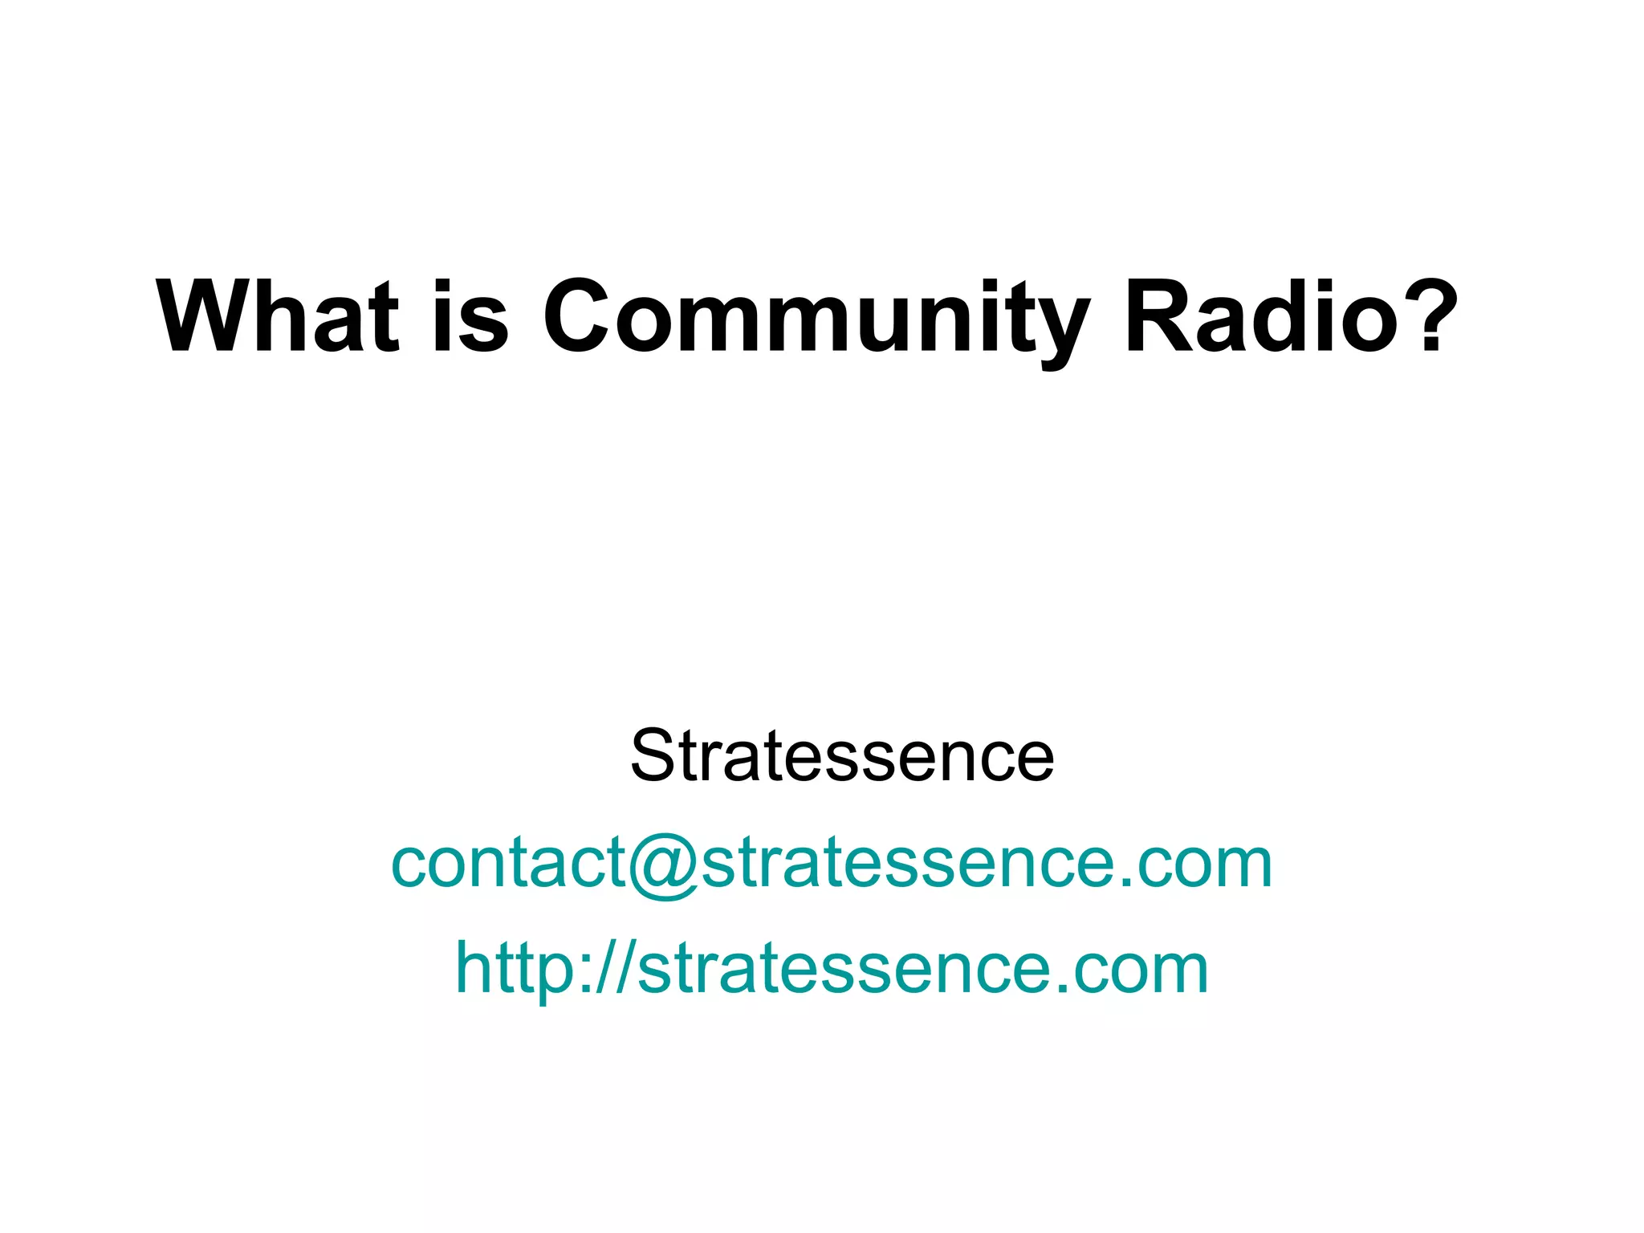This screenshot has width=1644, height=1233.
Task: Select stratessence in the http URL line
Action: pos(843,969)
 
